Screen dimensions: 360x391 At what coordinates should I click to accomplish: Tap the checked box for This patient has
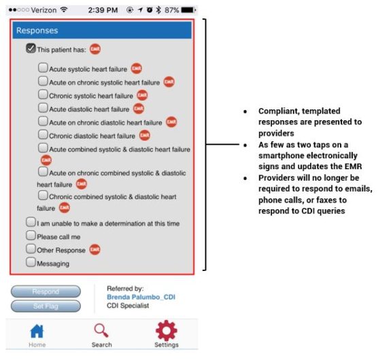pos(31,49)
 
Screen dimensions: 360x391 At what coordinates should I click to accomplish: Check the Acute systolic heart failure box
pos(43,68)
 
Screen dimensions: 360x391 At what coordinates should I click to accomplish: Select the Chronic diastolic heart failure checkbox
pos(43,135)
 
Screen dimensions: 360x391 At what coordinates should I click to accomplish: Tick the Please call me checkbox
pos(31,235)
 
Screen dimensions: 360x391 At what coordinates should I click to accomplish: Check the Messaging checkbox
pos(31,262)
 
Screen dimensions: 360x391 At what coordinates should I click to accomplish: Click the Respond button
pos(46,291)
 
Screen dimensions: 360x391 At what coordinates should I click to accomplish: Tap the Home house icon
pos(37,331)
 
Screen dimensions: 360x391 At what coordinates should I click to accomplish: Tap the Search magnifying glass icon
pos(101,331)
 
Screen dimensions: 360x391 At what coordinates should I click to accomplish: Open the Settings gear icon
pos(166,330)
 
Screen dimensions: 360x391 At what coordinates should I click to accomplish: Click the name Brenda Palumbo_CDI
pos(141,297)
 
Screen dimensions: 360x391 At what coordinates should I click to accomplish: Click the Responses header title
pos(37,31)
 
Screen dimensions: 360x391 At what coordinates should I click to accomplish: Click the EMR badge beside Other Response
pos(95,249)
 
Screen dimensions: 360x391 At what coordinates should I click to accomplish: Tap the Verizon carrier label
pos(42,10)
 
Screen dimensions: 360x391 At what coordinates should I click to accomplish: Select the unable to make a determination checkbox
pos(31,221)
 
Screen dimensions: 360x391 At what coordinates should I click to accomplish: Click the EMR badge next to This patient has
pos(95,49)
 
